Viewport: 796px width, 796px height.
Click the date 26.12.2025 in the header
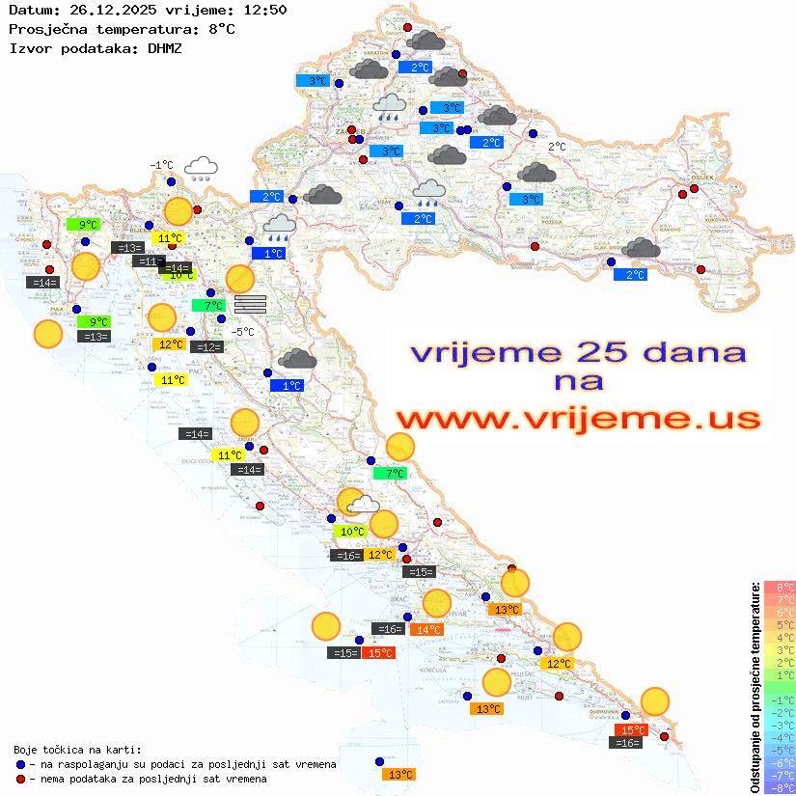(109, 11)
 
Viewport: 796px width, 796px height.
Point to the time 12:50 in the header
(263, 11)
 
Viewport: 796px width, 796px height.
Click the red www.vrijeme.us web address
(577, 419)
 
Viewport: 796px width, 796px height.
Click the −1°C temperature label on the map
(160, 165)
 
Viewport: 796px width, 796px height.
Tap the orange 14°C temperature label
(426, 630)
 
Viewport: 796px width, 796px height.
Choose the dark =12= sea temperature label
(207, 347)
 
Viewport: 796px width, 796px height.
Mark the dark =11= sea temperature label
(149, 261)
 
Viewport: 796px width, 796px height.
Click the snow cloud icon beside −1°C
(201, 169)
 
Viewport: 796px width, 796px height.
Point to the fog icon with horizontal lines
(250, 304)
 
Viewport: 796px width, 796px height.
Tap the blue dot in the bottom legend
(21, 764)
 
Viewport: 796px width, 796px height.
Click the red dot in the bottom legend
(21, 779)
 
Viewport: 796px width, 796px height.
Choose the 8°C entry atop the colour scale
(779, 588)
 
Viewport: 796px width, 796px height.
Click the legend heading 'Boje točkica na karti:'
(77, 749)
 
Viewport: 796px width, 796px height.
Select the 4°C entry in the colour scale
(779, 638)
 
